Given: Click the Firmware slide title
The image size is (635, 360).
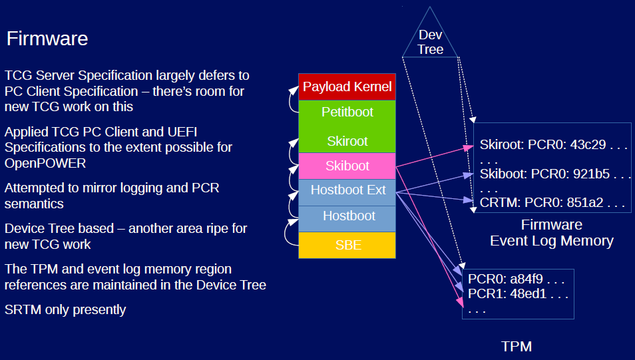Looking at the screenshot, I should tap(47, 39).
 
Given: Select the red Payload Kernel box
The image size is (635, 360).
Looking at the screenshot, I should tap(347, 87).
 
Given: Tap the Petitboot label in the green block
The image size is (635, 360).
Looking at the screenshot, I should tap(347, 112).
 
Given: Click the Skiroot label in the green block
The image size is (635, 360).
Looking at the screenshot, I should tap(347, 141).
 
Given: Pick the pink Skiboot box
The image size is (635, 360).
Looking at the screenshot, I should tap(347, 166).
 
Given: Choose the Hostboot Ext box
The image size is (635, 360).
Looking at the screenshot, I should tap(347, 190).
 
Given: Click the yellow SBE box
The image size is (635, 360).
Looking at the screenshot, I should tap(347, 245).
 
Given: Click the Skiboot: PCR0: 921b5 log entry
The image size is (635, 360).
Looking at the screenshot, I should tap(554, 174).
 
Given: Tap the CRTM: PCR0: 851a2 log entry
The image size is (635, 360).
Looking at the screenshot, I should tap(552, 202).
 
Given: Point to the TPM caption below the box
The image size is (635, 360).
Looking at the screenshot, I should tap(517, 346).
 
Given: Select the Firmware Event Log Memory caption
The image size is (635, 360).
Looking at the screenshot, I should tap(551, 233).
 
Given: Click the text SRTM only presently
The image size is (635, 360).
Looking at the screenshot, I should tap(65, 309).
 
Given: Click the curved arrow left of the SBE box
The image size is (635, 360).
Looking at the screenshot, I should tap(288, 232).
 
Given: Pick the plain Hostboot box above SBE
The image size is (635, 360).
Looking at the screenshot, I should tap(347, 216).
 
